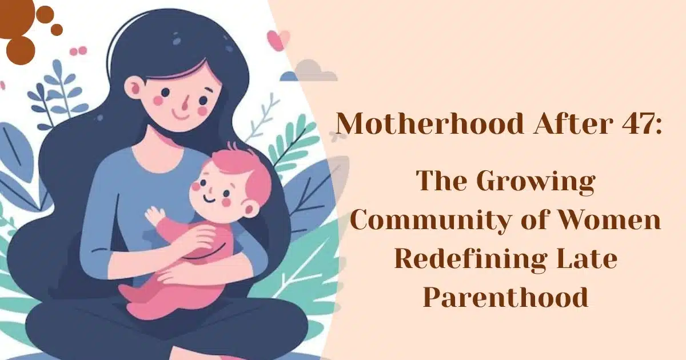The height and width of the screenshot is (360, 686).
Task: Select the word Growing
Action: coord(536,182)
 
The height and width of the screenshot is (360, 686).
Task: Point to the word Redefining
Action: coord(469,259)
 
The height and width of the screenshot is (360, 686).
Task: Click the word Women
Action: coord(607,221)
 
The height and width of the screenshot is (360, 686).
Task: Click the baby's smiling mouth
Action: coord(210,199)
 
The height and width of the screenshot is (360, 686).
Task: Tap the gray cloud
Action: coord(312,71)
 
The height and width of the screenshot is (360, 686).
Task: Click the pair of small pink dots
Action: coord(78,51)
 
